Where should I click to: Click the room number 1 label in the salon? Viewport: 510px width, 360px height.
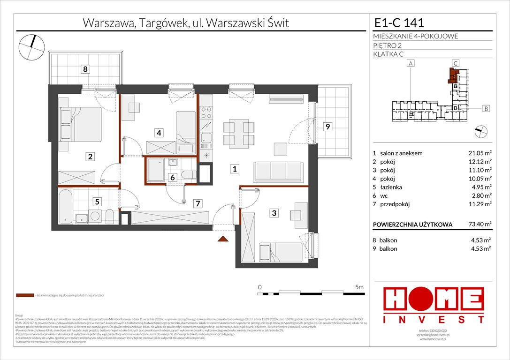(x=233, y=169)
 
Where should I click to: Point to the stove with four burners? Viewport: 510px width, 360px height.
(x=206, y=112)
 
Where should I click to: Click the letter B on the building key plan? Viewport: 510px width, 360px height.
(x=487, y=109)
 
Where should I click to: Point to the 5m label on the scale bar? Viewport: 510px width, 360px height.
(x=360, y=286)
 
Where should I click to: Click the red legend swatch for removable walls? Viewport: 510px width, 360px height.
(x=24, y=296)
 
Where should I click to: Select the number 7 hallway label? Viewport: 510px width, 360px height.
(x=198, y=203)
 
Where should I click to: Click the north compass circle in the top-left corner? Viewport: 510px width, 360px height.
(x=31, y=48)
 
